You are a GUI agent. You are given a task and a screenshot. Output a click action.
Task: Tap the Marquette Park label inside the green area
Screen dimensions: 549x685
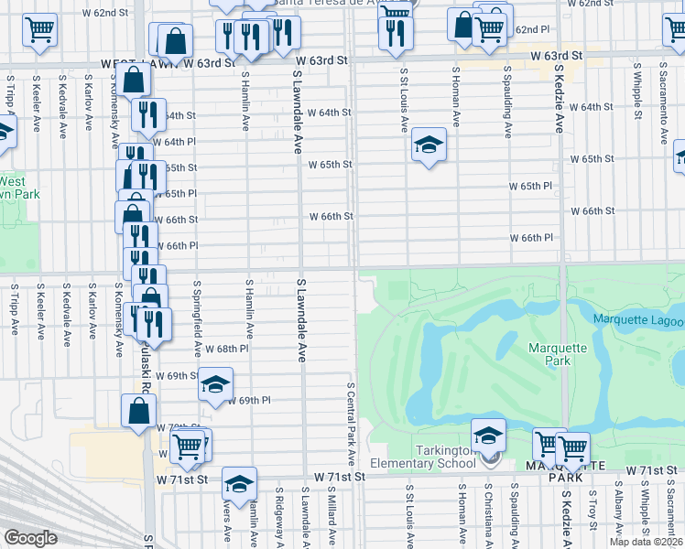tap(549, 354)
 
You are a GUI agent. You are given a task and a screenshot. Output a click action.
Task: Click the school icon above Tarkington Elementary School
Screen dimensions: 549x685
tap(489, 436)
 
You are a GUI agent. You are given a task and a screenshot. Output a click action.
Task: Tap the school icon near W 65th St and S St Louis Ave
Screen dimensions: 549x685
tap(428, 145)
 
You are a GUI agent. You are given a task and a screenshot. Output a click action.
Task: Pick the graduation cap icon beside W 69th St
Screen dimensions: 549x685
tap(215, 384)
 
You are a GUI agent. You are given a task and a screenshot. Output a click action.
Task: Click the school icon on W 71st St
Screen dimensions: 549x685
tap(239, 483)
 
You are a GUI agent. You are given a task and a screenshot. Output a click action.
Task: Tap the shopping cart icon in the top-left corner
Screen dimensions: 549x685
tap(39, 31)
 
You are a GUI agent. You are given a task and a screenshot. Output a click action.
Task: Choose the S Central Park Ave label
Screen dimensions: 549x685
tap(351, 424)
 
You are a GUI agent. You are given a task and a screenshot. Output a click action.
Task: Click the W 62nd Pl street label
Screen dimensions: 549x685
tap(531, 29)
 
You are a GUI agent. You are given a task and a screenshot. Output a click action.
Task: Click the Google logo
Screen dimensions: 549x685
tap(30, 538)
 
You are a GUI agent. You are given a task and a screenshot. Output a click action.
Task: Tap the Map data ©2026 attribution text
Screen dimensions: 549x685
tap(646, 542)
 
